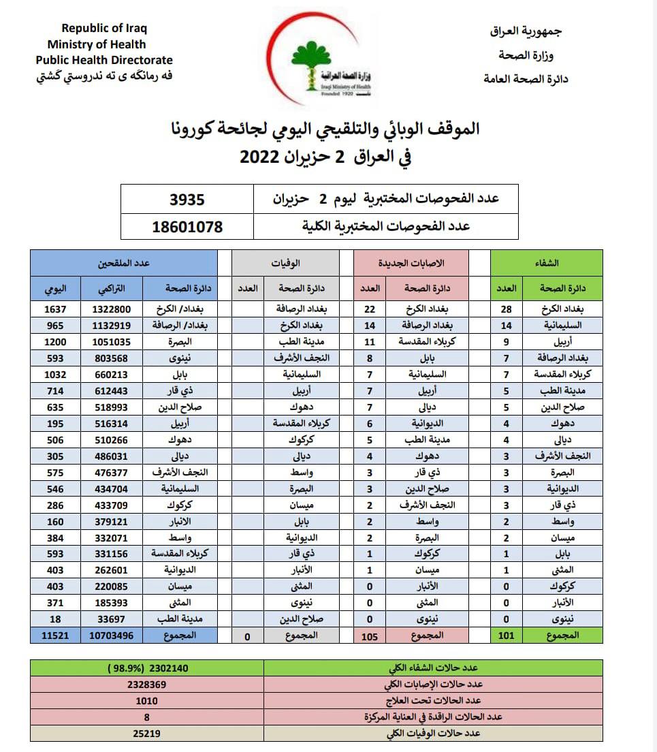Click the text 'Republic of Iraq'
point(104,28)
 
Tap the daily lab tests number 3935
point(187,200)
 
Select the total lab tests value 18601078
point(187,227)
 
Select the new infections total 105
point(369,636)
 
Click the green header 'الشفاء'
point(548,262)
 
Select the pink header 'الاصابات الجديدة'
point(411,262)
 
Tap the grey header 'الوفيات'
point(285,262)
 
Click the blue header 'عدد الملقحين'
point(123,262)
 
